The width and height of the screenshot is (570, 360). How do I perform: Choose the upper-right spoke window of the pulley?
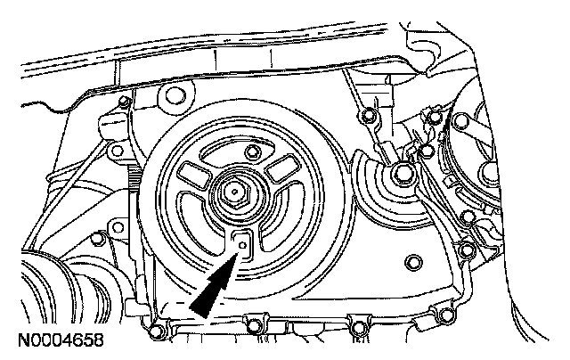point(277,167)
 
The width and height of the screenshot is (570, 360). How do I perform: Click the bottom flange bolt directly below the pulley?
point(256,323)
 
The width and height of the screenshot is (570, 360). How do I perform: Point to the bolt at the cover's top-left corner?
point(122,108)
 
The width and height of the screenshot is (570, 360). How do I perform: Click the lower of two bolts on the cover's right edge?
point(467,247)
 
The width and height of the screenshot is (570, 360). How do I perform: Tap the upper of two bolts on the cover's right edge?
point(465,216)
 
